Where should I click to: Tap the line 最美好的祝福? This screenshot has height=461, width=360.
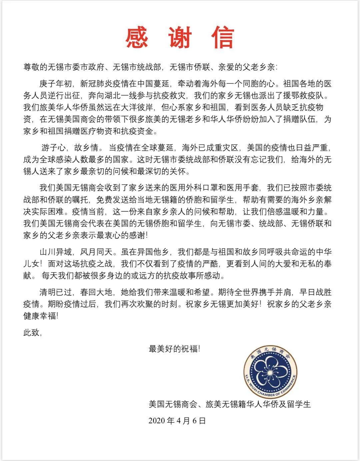pos(174,349)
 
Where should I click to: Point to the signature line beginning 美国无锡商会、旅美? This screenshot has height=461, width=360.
pos(229,404)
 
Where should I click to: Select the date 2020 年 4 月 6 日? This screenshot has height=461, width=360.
pos(177,420)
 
